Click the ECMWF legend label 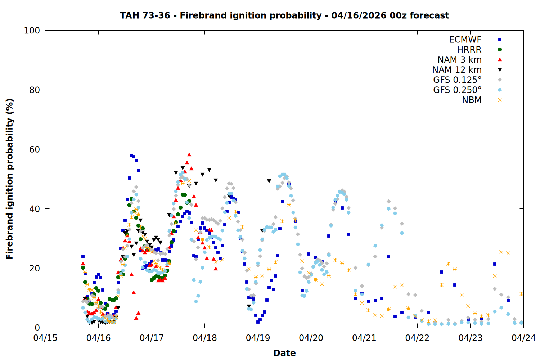coord(465,40)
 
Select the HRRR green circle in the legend coord(500,50)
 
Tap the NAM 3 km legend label coord(459,60)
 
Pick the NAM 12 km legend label coord(457,70)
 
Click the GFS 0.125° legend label coord(457,80)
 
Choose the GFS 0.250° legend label coord(457,90)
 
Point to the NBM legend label coord(472,100)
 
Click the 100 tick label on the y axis coord(32,31)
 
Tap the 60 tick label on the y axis coord(35,149)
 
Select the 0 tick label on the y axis coord(37,328)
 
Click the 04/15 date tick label coord(45,338)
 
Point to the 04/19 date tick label coord(258,338)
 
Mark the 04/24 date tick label coord(523,338)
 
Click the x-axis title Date coord(284,353)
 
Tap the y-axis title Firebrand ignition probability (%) coord(10,179)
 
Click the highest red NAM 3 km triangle coord(189,154)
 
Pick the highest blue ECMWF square coord(131,156)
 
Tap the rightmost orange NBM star coord(521,294)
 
